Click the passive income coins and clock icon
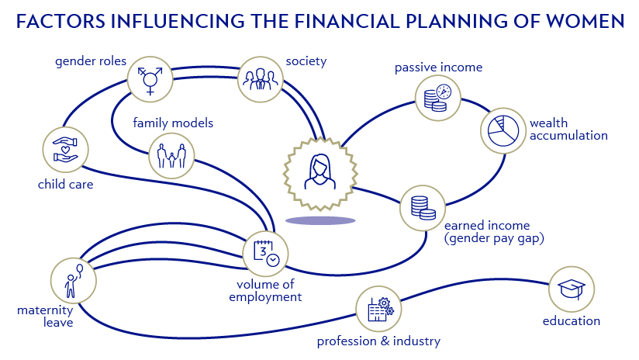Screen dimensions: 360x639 coord(437,97)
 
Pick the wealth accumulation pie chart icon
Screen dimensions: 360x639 coord(503,130)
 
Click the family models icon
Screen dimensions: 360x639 coord(171,155)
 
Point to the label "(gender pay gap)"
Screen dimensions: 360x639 coord(494,239)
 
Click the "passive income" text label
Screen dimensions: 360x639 coord(438,67)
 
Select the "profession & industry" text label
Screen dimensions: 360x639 coord(378,341)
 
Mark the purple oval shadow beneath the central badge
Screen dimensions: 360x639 coord(320,220)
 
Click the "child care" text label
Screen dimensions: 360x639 coord(65,185)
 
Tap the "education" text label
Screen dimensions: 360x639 coord(571,320)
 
